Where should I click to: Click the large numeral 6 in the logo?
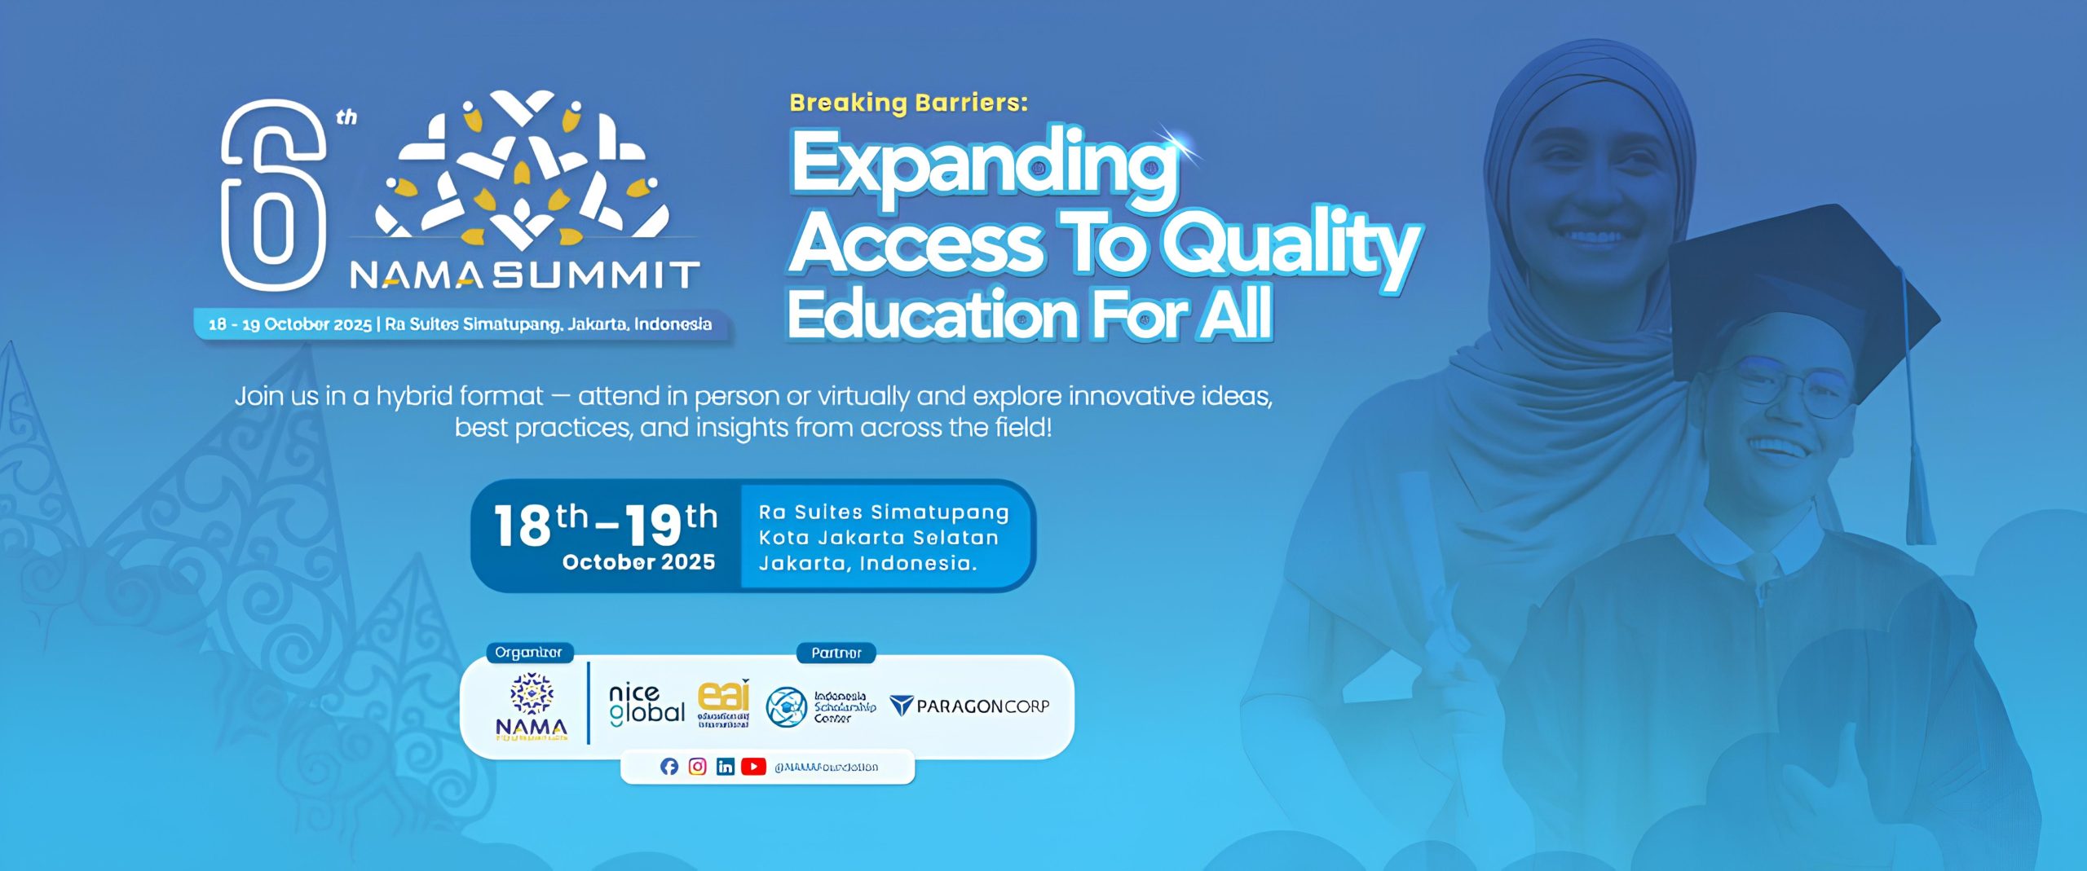[x=273, y=196]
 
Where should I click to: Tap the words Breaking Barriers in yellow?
[x=908, y=103]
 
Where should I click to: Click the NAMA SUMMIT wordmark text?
[x=524, y=275]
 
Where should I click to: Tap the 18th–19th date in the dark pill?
[x=605, y=523]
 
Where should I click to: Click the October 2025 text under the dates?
[x=638, y=562]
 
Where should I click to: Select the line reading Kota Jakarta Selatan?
[x=878, y=538]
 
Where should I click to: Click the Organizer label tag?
[x=529, y=653]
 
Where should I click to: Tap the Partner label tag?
[x=836, y=653]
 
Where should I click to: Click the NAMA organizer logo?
[x=532, y=706]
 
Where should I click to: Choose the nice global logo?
[x=646, y=705]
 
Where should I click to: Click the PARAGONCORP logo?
[x=969, y=706]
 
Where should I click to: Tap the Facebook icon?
[x=669, y=767]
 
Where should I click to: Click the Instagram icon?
[x=697, y=767]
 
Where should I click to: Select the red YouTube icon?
[x=753, y=767]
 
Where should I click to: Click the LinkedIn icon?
[x=725, y=767]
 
